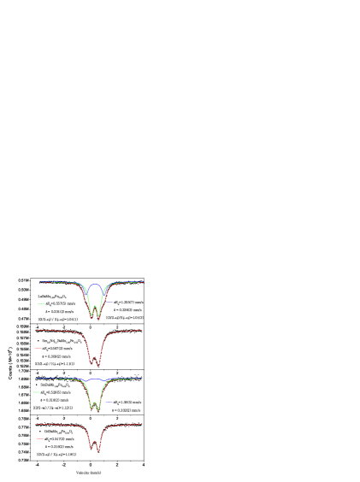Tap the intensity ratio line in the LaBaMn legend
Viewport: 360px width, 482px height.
[57, 320]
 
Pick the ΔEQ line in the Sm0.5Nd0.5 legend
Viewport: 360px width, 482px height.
[58, 349]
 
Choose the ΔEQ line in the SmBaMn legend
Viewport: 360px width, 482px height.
[59, 392]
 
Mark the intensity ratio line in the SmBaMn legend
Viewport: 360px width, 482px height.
[54, 409]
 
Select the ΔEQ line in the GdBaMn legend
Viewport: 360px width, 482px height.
[59, 438]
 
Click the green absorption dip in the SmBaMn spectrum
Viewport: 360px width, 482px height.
[97, 408]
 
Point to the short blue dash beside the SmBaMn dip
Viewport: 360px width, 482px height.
[109, 402]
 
